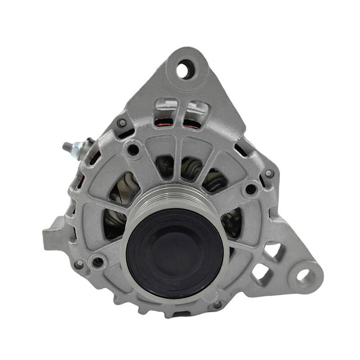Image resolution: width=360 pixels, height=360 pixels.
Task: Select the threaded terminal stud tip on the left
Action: click(x=66, y=147)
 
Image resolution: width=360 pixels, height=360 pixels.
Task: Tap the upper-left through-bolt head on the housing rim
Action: click(x=122, y=123)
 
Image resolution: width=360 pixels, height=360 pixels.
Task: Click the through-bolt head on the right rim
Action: click(x=269, y=174)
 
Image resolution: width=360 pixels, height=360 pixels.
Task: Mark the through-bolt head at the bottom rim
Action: click(x=217, y=304)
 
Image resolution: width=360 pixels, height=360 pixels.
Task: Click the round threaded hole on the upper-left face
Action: click(x=133, y=150)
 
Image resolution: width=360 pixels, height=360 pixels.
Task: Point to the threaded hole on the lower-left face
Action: click(x=98, y=263)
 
